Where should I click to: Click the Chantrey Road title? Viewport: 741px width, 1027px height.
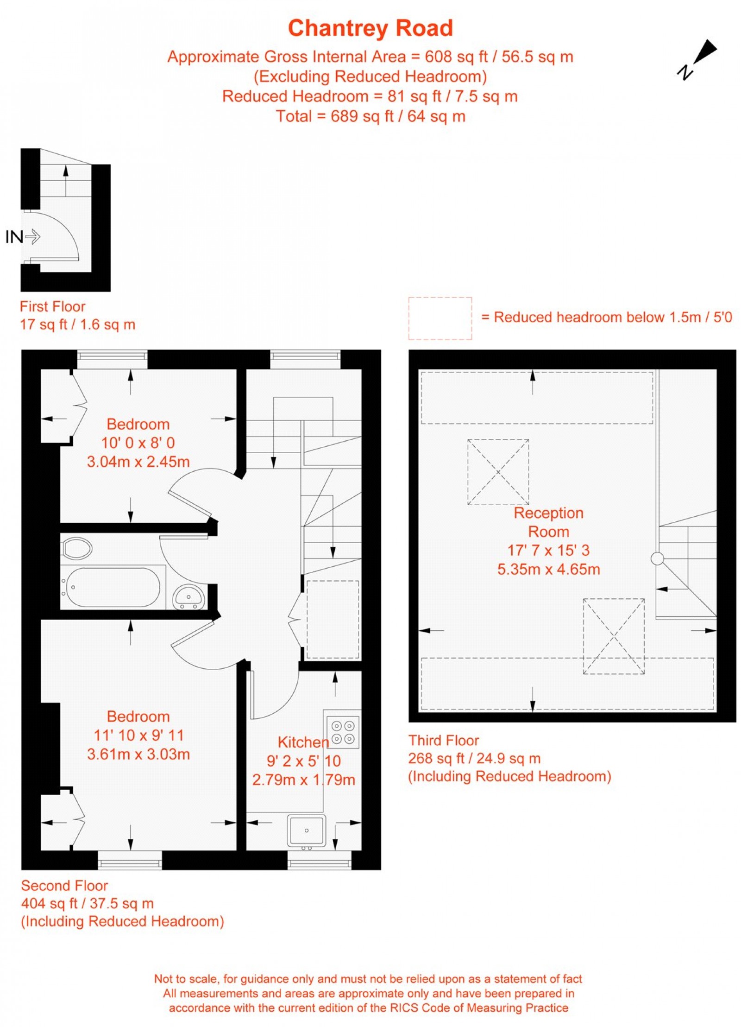tap(370, 28)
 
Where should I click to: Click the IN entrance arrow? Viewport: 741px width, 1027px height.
tap(32, 237)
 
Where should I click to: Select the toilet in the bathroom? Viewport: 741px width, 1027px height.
tap(76, 548)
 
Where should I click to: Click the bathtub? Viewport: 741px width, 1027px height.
tap(113, 587)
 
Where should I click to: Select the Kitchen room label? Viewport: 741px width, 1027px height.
tap(303, 742)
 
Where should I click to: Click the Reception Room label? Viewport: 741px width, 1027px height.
tap(548, 522)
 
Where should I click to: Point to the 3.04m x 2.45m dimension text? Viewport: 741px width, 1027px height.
tap(138, 462)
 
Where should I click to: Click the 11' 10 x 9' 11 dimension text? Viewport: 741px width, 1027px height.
tap(138, 735)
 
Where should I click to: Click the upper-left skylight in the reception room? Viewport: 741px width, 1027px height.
tap(498, 472)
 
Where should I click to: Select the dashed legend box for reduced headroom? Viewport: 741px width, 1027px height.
tap(440, 318)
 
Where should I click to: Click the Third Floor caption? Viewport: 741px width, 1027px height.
tap(443, 740)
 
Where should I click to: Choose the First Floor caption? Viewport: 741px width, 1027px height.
tap(52, 306)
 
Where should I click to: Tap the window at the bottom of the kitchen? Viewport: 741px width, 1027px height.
tap(319, 862)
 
